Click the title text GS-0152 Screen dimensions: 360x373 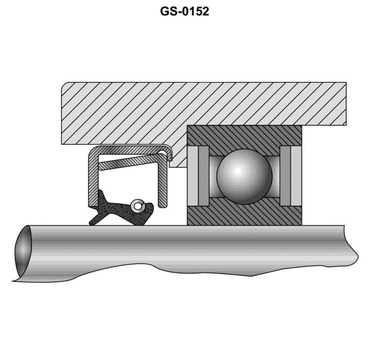click(185, 11)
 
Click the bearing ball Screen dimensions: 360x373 click(244, 176)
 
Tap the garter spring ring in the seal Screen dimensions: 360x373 click(137, 206)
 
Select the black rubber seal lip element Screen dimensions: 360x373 click(121, 210)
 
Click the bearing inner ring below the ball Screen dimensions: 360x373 click(244, 215)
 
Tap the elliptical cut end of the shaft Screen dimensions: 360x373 click(23, 251)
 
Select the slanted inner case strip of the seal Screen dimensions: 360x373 click(131, 162)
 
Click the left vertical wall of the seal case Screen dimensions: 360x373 click(93, 178)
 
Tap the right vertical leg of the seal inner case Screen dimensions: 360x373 click(163, 183)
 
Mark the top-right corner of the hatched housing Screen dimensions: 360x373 click(345, 84)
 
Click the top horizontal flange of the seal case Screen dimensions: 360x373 click(129, 150)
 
